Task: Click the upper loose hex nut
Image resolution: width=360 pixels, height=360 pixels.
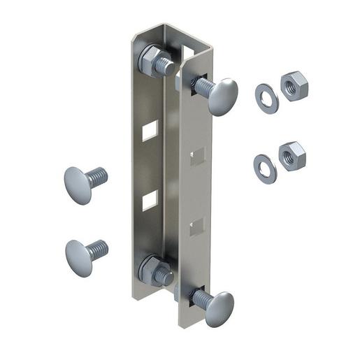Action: click(x=295, y=86)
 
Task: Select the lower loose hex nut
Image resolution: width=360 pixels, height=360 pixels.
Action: click(x=291, y=155)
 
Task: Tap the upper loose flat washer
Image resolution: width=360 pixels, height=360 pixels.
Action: click(x=266, y=97)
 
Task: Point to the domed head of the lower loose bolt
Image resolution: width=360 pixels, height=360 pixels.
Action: click(x=78, y=255)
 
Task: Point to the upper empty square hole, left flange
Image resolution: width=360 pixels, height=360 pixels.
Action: click(x=150, y=130)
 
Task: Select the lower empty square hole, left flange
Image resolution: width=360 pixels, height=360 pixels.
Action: click(x=150, y=203)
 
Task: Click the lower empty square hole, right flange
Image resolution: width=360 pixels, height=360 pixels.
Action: click(x=198, y=225)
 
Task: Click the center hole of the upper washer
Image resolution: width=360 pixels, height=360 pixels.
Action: click(x=266, y=97)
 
